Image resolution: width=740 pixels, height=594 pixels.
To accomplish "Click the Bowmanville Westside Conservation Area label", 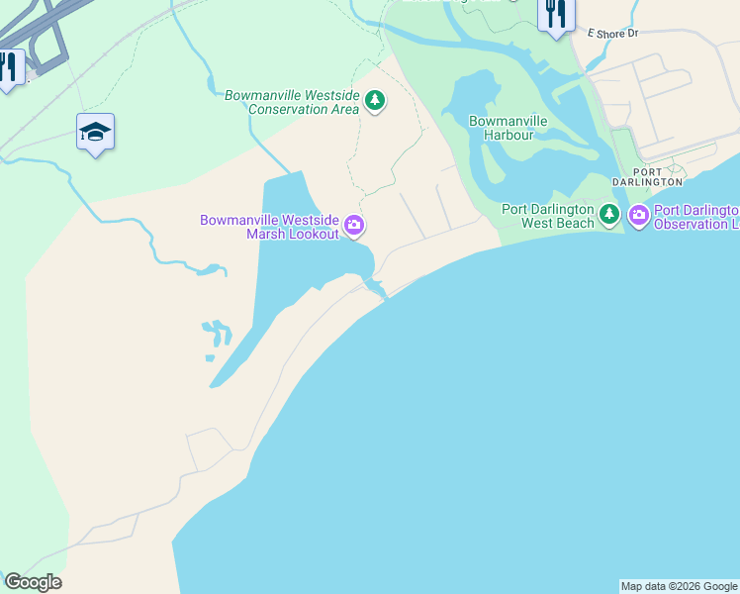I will (x=291, y=102).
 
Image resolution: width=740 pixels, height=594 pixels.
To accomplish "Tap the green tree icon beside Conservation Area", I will (x=375, y=101).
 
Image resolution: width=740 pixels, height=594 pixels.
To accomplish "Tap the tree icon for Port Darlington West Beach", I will (x=609, y=214).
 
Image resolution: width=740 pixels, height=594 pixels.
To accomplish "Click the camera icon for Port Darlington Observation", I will (x=638, y=214).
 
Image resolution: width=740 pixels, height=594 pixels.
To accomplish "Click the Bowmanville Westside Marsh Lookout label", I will (x=269, y=227).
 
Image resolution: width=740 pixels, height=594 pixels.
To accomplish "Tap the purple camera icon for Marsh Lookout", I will (x=354, y=227).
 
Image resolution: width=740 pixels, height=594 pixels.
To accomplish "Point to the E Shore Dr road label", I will (x=612, y=33).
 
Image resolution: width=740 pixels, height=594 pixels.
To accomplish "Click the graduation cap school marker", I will (x=95, y=133).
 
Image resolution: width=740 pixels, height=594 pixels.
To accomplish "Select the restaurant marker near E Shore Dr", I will (x=556, y=14).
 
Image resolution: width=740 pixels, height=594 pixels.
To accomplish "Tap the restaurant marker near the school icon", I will (x=9, y=67).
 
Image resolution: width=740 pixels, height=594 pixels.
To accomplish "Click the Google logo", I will (x=33, y=582).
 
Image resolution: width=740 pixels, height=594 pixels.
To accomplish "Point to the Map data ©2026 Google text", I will (x=679, y=586).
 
